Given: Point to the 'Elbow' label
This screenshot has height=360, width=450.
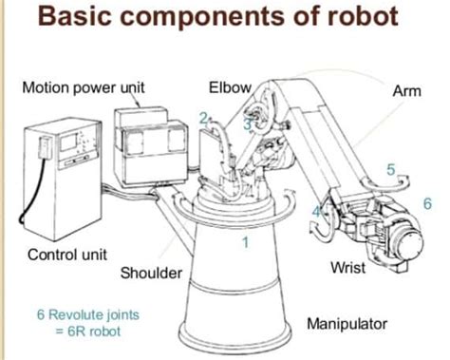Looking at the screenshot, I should click(x=229, y=88).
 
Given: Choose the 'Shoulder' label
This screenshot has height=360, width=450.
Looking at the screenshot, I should click(x=151, y=274).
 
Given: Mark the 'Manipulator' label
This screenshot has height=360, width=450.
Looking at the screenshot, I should click(x=346, y=324).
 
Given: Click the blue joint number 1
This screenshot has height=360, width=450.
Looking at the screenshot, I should click(x=245, y=242).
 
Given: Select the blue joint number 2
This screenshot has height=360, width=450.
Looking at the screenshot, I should click(x=202, y=117).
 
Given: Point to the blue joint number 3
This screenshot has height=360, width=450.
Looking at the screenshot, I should click(x=247, y=123).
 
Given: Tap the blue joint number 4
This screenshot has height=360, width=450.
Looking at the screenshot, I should click(x=317, y=210).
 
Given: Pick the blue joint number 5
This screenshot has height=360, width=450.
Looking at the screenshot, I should click(x=390, y=169).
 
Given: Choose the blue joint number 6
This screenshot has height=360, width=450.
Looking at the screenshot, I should click(x=427, y=203).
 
